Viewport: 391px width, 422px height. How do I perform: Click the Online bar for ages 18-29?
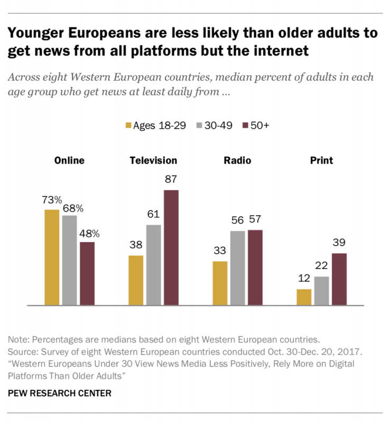pyautogui.click(x=52, y=257)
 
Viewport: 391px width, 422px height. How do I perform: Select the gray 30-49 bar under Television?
pyautogui.click(x=154, y=265)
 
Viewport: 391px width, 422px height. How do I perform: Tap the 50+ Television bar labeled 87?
pyautogui.click(x=171, y=247)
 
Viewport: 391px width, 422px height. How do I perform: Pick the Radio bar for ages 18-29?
pyautogui.click(x=220, y=283)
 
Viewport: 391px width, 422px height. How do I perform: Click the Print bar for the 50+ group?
pyautogui.click(x=339, y=279)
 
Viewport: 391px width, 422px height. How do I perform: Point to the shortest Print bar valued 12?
pyautogui.click(x=304, y=297)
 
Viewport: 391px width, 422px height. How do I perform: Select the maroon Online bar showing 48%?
pyautogui.click(x=87, y=273)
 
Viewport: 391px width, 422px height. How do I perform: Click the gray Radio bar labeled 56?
pyautogui.click(x=237, y=268)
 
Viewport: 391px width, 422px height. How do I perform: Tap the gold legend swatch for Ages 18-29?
pyautogui.click(x=127, y=125)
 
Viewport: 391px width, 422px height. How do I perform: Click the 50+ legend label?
pyautogui.click(x=260, y=125)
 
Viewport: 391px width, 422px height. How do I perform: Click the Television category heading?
pyautogui.click(x=153, y=160)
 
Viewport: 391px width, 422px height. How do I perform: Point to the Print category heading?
pyautogui.click(x=321, y=160)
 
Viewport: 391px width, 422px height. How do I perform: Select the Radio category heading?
pyautogui.click(x=237, y=160)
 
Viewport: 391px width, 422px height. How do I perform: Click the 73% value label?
pyautogui.click(x=52, y=200)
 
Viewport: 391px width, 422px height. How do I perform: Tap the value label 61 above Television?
pyautogui.click(x=154, y=215)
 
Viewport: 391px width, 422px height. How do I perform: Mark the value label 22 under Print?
pyautogui.click(x=322, y=267)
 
